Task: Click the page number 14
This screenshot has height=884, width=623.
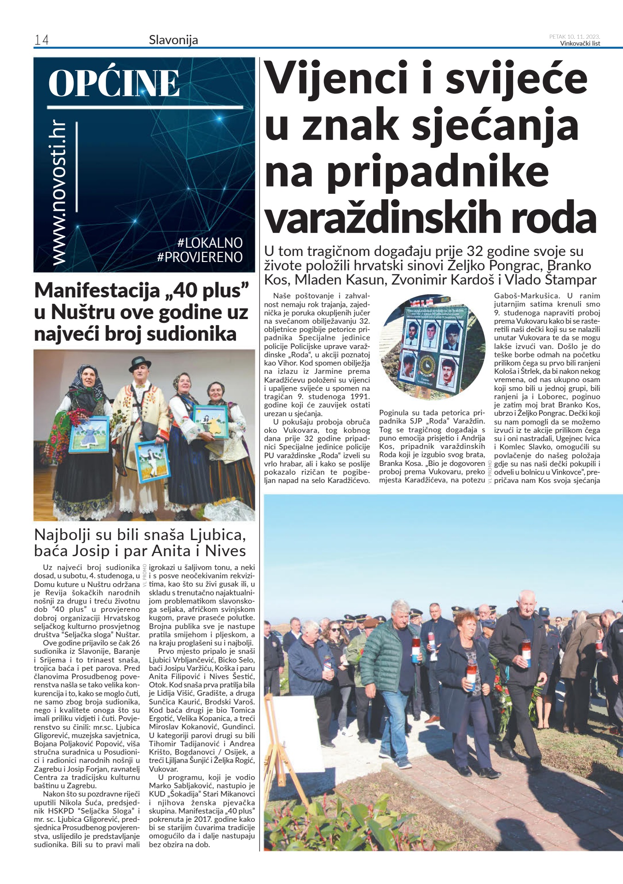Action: click(x=41, y=40)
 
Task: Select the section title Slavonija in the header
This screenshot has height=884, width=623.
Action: click(x=173, y=40)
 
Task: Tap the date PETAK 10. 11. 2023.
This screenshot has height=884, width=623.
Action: click(x=574, y=37)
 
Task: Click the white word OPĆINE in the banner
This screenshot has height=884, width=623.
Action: click(x=114, y=83)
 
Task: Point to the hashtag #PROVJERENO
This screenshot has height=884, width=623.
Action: click(x=200, y=257)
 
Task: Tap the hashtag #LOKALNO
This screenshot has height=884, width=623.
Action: click(x=210, y=243)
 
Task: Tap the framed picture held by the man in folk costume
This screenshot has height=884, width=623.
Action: click(x=152, y=460)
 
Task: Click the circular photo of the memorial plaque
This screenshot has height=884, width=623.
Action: click(x=432, y=347)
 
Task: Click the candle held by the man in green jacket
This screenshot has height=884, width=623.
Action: click(x=416, y=650)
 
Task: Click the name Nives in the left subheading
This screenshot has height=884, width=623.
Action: click(x=225, y=551)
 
